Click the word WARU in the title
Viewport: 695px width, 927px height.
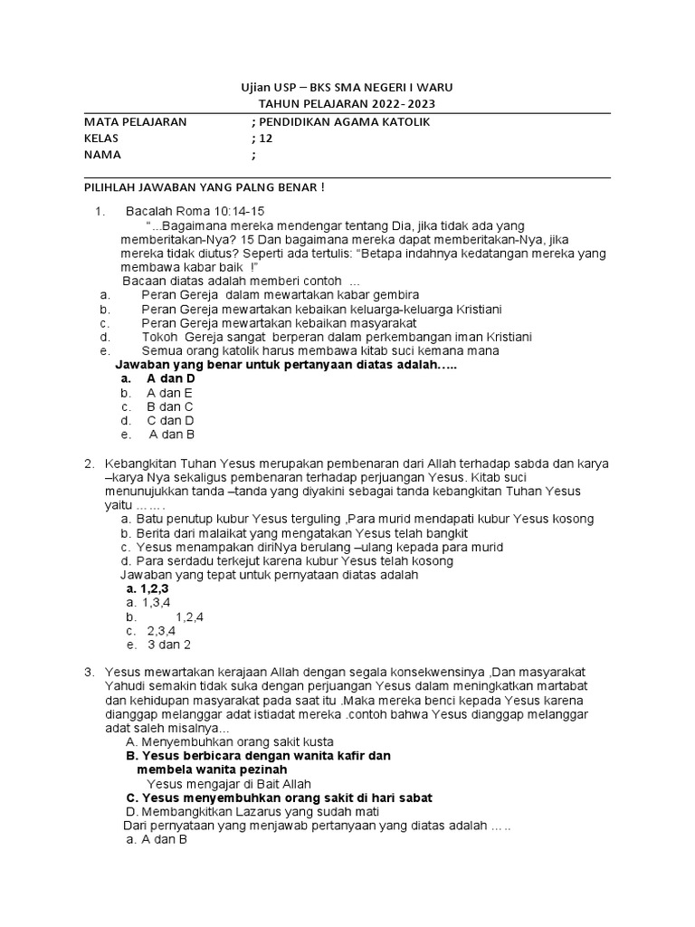(x=435, y=87)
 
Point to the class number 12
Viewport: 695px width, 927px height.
(x=265, y=139)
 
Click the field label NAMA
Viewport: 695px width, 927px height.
(x=101, y=155)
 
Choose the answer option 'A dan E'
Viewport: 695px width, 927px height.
(x=169, y=393)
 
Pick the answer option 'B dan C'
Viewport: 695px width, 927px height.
(x=169, y=406)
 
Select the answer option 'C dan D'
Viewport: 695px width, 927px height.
(x=170, y=420)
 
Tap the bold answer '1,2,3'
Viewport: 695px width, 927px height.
(x=155, y=588)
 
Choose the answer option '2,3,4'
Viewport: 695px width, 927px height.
(x=161, y=630)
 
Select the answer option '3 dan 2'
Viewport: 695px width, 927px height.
(x=169, y=645)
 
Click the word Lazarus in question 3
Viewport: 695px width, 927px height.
(x=234, y=812)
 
